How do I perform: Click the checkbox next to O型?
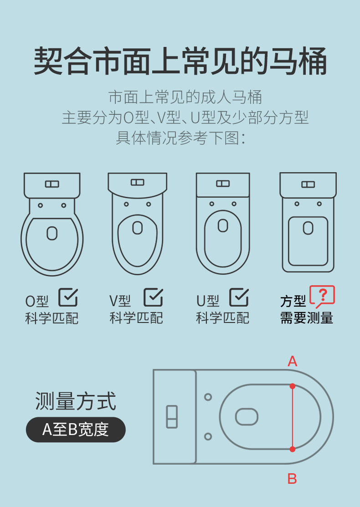[68, 297]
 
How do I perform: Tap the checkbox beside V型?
[153, 297]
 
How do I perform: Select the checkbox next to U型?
[239, 297]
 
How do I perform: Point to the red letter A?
[293, 361]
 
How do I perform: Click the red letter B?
[292, 479]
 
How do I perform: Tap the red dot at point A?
[293, 386]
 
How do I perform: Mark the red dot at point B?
[293, 449]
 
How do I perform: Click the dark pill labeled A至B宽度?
[76, 430]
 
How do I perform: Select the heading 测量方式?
[76, 401]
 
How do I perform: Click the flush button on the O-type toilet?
[52, 184]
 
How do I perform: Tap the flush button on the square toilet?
[308, 184]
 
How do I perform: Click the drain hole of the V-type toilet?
[138, 228]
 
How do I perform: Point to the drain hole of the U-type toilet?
[223, 225]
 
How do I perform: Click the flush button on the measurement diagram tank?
[172, 416]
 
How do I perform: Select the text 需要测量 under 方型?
[307, 318]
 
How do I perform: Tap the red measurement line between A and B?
[293, 417]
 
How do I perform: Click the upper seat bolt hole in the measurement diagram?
[208, 397]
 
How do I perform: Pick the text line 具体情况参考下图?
[180, 138]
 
